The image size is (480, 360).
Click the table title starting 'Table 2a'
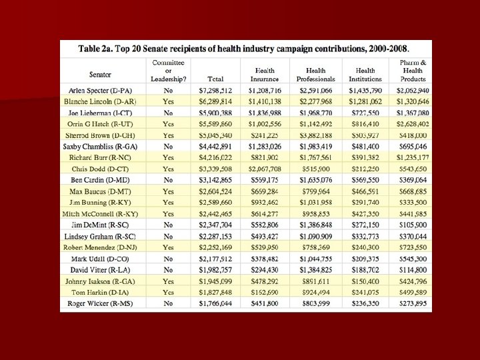tap(244, 49)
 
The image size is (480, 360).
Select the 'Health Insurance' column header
tap(265, 74)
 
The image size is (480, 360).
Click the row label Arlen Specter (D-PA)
tap(101, 90)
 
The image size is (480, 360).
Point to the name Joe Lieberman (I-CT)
tap(101, 113)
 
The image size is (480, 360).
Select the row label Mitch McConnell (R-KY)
tap(101, 213)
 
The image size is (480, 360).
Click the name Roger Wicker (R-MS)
tap(101, 303)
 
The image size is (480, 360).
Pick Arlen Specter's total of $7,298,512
tap(215, 90)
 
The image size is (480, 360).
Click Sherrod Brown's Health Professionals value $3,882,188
tap(315, 135)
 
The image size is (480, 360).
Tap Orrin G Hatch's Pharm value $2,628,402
tap(413, 124)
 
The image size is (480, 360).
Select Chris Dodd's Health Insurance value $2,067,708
tap(265, 169)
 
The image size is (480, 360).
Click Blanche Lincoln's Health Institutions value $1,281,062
tap(365, 101)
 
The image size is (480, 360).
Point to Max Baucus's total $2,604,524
tap(215, 191)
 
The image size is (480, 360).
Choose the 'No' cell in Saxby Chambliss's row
tap(168, 146)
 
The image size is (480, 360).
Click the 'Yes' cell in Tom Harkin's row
tap(168, 292)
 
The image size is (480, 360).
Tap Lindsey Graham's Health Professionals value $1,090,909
tap(315, 236)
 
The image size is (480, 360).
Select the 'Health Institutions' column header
tap(365, 74)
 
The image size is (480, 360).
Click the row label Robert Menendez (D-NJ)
tap(101, 247)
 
